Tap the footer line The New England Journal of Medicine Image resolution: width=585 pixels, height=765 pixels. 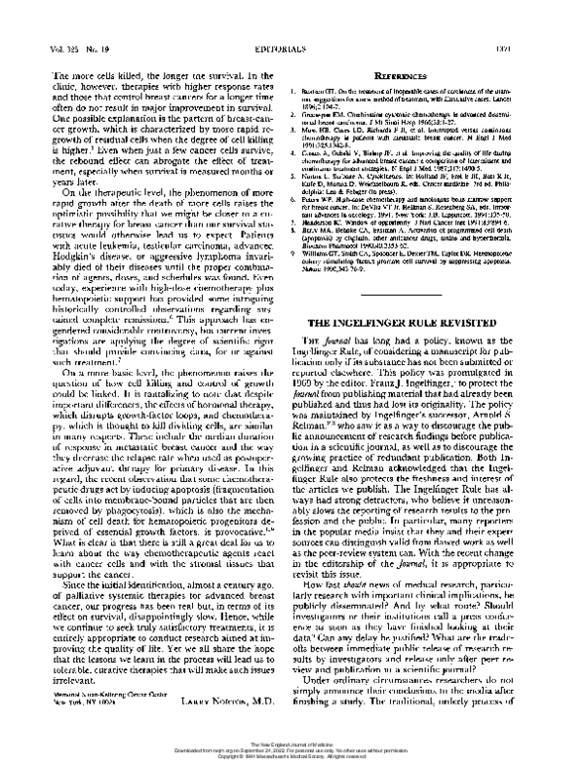292,739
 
